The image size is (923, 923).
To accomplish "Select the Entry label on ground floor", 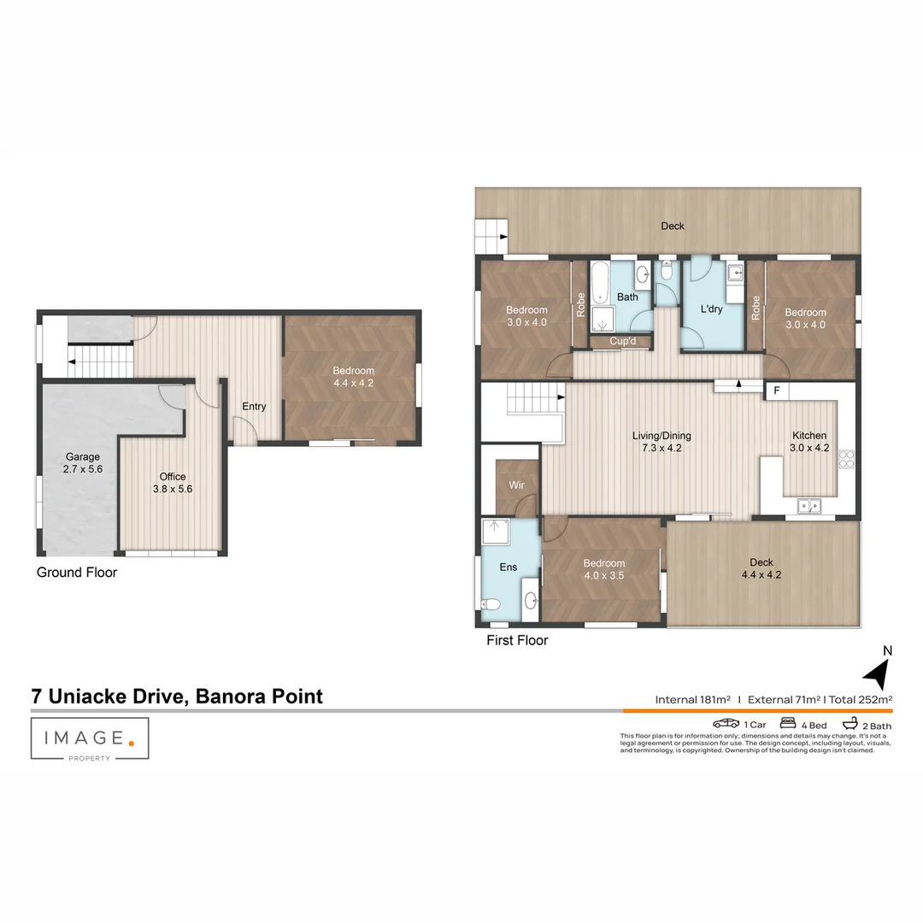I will (254, 407).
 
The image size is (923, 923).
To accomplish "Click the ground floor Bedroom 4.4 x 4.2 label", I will (353, 377).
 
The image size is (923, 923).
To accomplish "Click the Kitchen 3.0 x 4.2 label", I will (808, 441).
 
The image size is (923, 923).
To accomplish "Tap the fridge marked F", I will (777, 391).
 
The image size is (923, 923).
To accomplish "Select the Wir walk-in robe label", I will (516, 485).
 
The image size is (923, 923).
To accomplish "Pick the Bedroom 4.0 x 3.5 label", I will (603, 569).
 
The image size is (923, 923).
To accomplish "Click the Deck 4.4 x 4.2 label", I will (761, 568).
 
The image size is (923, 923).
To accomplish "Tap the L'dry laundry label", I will (711, 309).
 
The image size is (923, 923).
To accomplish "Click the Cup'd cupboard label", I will (622, 342).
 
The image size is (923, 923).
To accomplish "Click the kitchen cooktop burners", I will (847, 459).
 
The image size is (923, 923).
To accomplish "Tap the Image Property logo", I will (90, 739).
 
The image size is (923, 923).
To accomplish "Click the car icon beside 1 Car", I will (726, 724).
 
